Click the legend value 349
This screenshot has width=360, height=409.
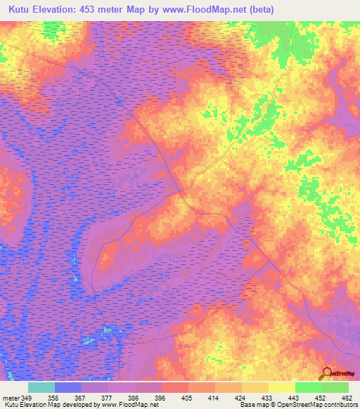tap(27, 397)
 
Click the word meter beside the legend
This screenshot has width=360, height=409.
tap(9, 397)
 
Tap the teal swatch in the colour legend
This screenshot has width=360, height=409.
tap(41, 387)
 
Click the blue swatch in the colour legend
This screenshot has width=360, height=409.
tap(68, 387)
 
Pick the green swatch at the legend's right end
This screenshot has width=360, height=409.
tap(335, 387)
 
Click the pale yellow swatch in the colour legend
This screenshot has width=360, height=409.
tap(281, 387)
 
